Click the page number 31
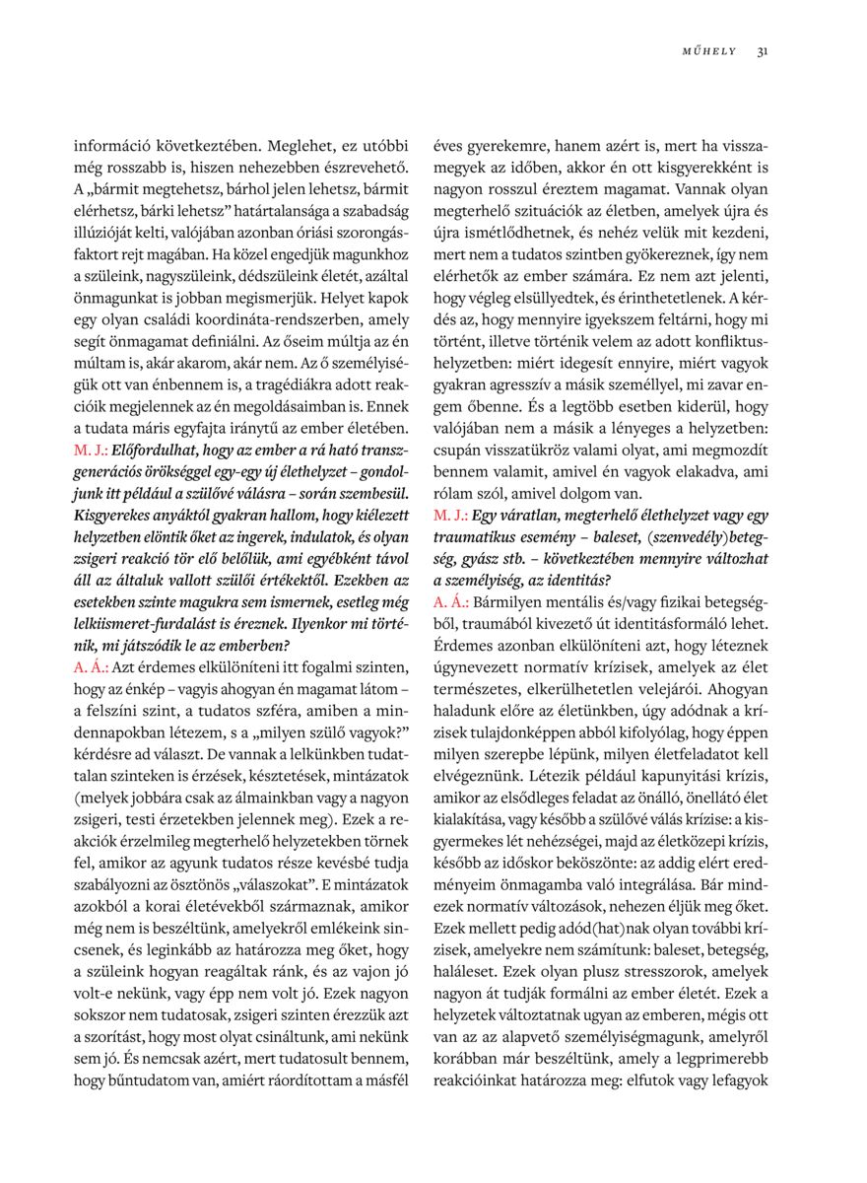763,52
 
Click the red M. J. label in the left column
92,449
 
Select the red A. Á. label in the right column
450,600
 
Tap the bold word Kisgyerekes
118,515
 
